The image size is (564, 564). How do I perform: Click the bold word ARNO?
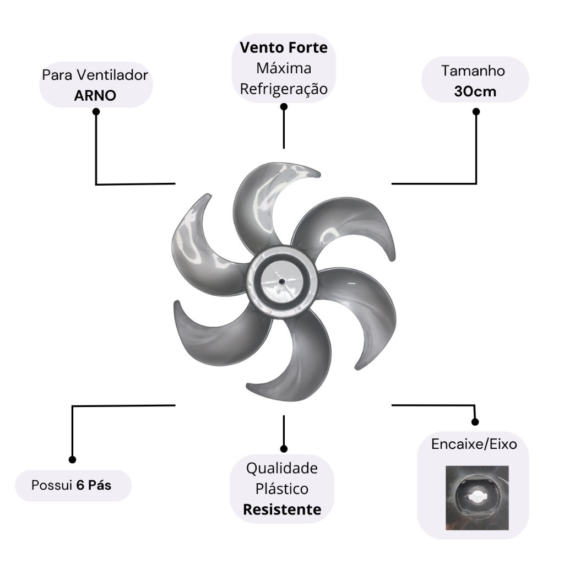pos(95,95)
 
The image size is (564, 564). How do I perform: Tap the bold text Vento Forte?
pos(284,48)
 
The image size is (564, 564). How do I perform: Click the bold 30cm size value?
pos(475,91)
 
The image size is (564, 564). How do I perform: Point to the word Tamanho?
pos(473,71)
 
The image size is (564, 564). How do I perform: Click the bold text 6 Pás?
pos(94,485)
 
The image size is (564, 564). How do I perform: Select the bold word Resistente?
pos(282,509)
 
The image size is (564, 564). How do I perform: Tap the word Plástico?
pos(282,489)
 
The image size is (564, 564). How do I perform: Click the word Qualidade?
pos(282,469)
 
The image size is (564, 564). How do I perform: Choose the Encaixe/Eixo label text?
pos(474,444)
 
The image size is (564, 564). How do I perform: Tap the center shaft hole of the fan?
pos(282,281)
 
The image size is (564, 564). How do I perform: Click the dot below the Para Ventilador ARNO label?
pos(96,111)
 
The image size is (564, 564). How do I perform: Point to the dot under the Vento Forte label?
pos(284,107)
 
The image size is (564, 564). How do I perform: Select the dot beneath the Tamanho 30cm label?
pos(476,112)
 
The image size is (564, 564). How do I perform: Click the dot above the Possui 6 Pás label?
pos(72,459)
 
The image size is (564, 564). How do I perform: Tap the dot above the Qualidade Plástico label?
pos(284,449)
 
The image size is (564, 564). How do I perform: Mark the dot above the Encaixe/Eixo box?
pos(475,422)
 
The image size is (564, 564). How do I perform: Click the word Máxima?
pos(284,69)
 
